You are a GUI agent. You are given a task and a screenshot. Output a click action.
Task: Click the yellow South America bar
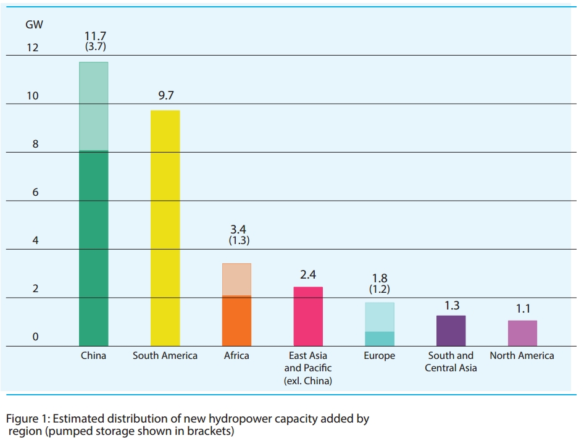pos(165,228)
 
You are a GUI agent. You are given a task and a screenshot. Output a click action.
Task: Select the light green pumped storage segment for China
pos(94,106)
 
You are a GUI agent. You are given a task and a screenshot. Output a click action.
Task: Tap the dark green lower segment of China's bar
pos(94,248)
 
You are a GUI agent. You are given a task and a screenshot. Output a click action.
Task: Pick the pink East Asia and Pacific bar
pos(308,316)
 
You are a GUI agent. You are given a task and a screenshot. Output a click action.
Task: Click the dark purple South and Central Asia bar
pos(451,331)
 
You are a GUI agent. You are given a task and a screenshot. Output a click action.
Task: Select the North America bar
pos(522,333)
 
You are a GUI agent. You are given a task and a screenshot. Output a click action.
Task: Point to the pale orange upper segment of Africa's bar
pos(236,279)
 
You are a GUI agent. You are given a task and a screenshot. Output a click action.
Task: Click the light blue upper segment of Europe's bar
pos(380,317)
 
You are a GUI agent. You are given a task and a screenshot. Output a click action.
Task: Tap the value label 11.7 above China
pos(95,36)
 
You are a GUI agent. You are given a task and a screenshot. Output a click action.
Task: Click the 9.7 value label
pos(166,96)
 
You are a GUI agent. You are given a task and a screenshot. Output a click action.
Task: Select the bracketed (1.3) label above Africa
pos(238,241)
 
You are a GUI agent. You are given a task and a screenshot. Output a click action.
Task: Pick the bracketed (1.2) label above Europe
pos(380,289)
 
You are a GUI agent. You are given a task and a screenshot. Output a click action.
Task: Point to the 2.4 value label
pos(308,274)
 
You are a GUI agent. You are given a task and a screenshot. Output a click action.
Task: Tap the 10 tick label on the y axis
pos(31,96)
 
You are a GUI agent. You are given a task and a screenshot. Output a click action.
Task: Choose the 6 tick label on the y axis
pos(35,193)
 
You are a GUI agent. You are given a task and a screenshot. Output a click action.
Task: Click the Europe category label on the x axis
pos(379,356)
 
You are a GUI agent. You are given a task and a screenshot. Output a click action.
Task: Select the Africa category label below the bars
pos(236,356)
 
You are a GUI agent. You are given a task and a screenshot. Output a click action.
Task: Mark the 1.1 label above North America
pos(522,308)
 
